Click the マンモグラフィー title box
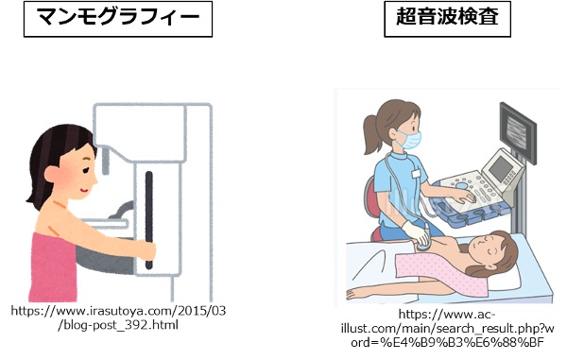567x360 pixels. point(118,19)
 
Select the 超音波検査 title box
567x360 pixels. point(447,19)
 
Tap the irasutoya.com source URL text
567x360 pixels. point(118,317)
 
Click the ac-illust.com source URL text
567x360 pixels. point(447,328)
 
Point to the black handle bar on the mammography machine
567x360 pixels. point(149,220)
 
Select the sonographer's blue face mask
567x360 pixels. point(410,140)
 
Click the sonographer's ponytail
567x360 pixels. point(370,134)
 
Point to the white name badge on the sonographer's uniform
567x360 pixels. point(416,174)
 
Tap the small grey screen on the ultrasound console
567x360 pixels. point(501,167)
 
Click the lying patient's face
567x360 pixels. point(487,247)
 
